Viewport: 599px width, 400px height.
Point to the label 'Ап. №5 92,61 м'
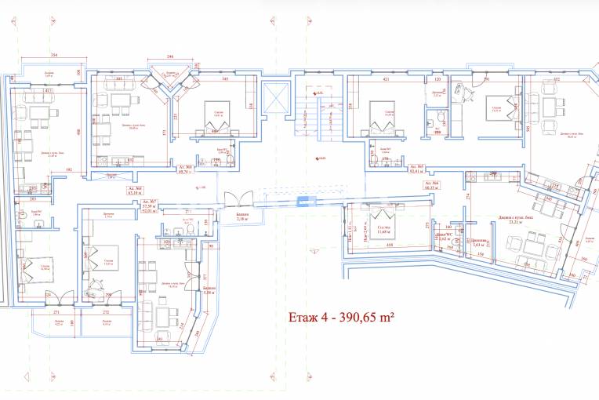[416, 169]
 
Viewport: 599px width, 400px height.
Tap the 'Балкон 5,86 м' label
[208, 291]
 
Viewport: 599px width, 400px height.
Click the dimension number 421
[386, 79]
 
